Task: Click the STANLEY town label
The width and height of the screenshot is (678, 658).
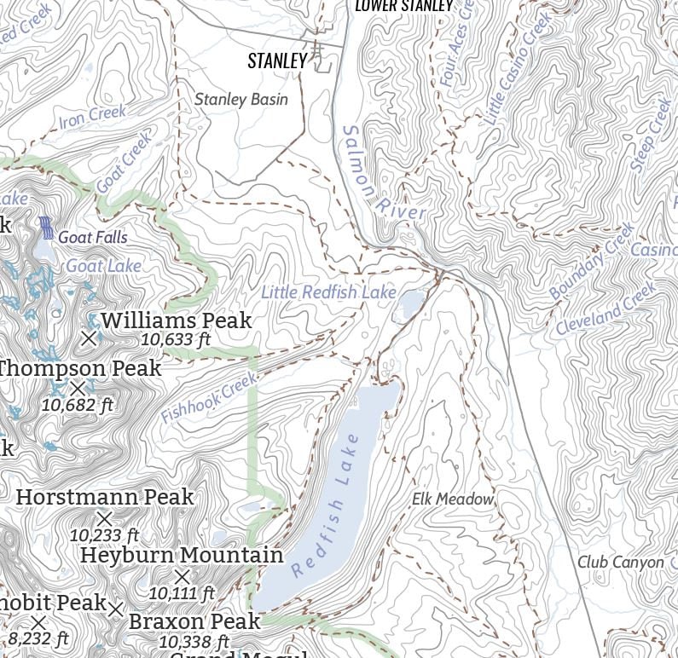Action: tap(276, 61)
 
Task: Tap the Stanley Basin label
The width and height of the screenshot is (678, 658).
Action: tap(241, 100)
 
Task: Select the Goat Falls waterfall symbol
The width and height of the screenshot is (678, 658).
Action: tap(47, 228)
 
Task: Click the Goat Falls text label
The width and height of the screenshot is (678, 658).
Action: tap(93, 238)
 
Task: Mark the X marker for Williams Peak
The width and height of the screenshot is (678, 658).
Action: tap(89, 338)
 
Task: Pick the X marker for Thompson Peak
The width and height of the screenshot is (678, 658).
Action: tap(78, 389)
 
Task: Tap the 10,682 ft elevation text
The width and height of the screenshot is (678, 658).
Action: tap(78, 405)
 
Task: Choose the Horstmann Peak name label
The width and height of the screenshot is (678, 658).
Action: tap(105, 497)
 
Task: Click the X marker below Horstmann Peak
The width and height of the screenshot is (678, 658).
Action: tap(104, 517)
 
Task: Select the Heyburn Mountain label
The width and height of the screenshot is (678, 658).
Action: tap(182, 556)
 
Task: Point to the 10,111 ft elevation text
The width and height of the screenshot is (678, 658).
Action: tap(182, 592)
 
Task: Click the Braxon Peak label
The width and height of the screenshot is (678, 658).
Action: tap(194, 621)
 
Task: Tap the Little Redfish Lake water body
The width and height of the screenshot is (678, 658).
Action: tap(411, 302)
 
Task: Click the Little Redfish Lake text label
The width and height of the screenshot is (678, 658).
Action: tap(328, 292)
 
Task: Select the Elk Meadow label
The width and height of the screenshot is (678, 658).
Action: tap(453, 499)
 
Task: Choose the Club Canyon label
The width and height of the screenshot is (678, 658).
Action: tap(620, 563)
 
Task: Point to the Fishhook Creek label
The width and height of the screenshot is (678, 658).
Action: tap(209, 398)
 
